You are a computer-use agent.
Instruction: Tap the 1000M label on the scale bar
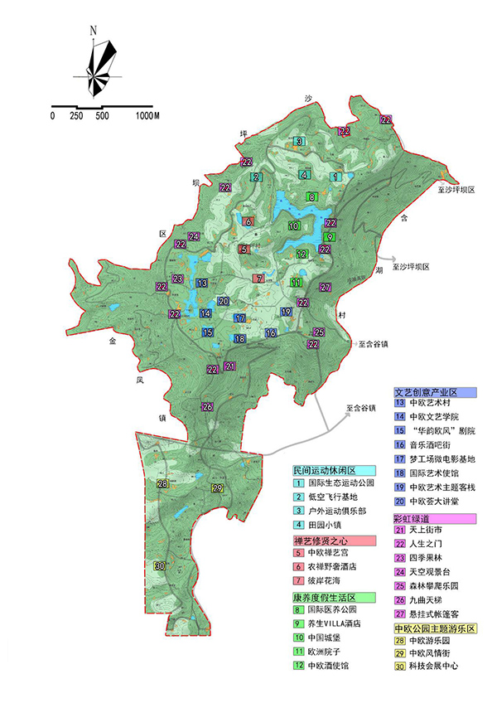click(x=145, y=116)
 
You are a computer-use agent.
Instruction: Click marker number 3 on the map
click(x=298, y=142)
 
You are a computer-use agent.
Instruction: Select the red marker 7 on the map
click(x=259, y=279)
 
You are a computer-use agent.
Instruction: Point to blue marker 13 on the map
click(x=201, y=284)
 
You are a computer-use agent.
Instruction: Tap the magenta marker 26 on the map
click(x=207, y=406)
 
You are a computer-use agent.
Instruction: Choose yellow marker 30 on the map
click(x=159, y=565)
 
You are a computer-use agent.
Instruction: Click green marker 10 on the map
click(x=294, y=225)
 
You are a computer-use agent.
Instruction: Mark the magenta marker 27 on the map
click(x=326, y=288)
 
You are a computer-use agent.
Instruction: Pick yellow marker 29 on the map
click(x=218, y=489)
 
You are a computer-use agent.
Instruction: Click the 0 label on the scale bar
click(x=52, y=116)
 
